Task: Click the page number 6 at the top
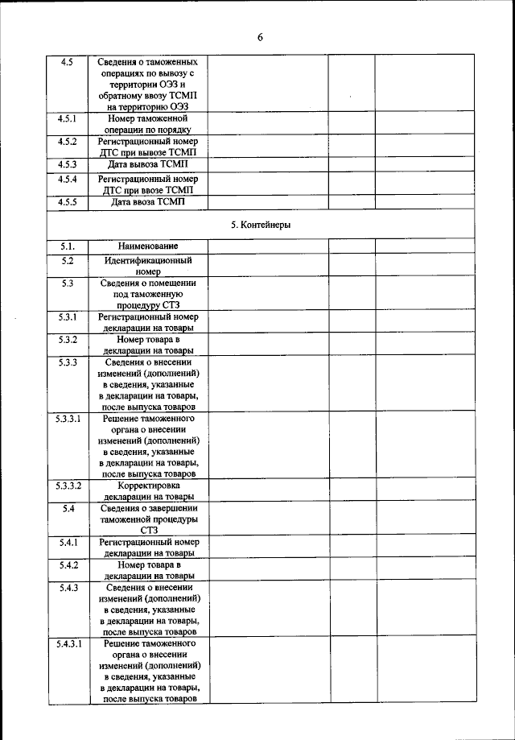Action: pyautogui.click(x=260, y=37)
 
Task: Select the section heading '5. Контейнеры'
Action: pyautogui.click(x=260, y=225)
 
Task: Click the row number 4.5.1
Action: pyautogui.click(x=68, y=118)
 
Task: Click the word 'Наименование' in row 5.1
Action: pyautogui.click(x=148, y=246)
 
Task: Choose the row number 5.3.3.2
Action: pyautogui.click(x=68, y=486)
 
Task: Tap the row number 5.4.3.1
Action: pyautogui.click(x=68, y=645)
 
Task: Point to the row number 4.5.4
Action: pyautogui.click(x=68, y=178)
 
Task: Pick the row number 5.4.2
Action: pyautogui.click(x=68, y=564)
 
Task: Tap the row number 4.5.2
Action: pyautogui.click(x=68, y=141)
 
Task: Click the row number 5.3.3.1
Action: pyautogui.click(x=68, y=420)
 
